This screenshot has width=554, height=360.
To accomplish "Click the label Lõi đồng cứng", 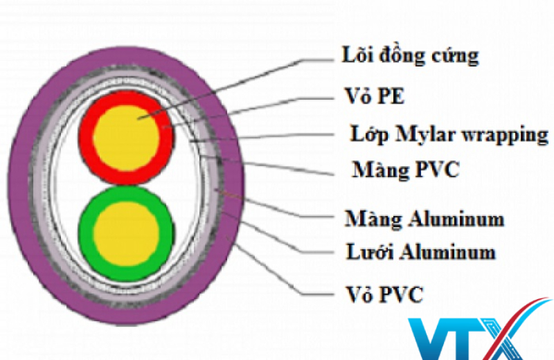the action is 410,56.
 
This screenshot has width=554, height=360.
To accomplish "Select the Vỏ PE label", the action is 375,96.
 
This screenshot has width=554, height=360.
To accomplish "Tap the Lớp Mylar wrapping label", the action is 449,135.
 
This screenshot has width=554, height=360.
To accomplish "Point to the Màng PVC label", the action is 406,170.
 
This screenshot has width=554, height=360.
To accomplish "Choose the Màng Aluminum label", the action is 425,219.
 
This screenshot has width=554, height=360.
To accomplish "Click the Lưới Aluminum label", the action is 421,252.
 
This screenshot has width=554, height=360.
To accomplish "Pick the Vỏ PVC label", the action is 384,294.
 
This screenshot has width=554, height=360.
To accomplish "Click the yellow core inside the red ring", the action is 126,138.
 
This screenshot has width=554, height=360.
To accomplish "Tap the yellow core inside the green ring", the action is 126,234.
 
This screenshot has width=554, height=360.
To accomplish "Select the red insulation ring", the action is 85,138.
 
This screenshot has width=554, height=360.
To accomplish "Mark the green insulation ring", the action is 85,234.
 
